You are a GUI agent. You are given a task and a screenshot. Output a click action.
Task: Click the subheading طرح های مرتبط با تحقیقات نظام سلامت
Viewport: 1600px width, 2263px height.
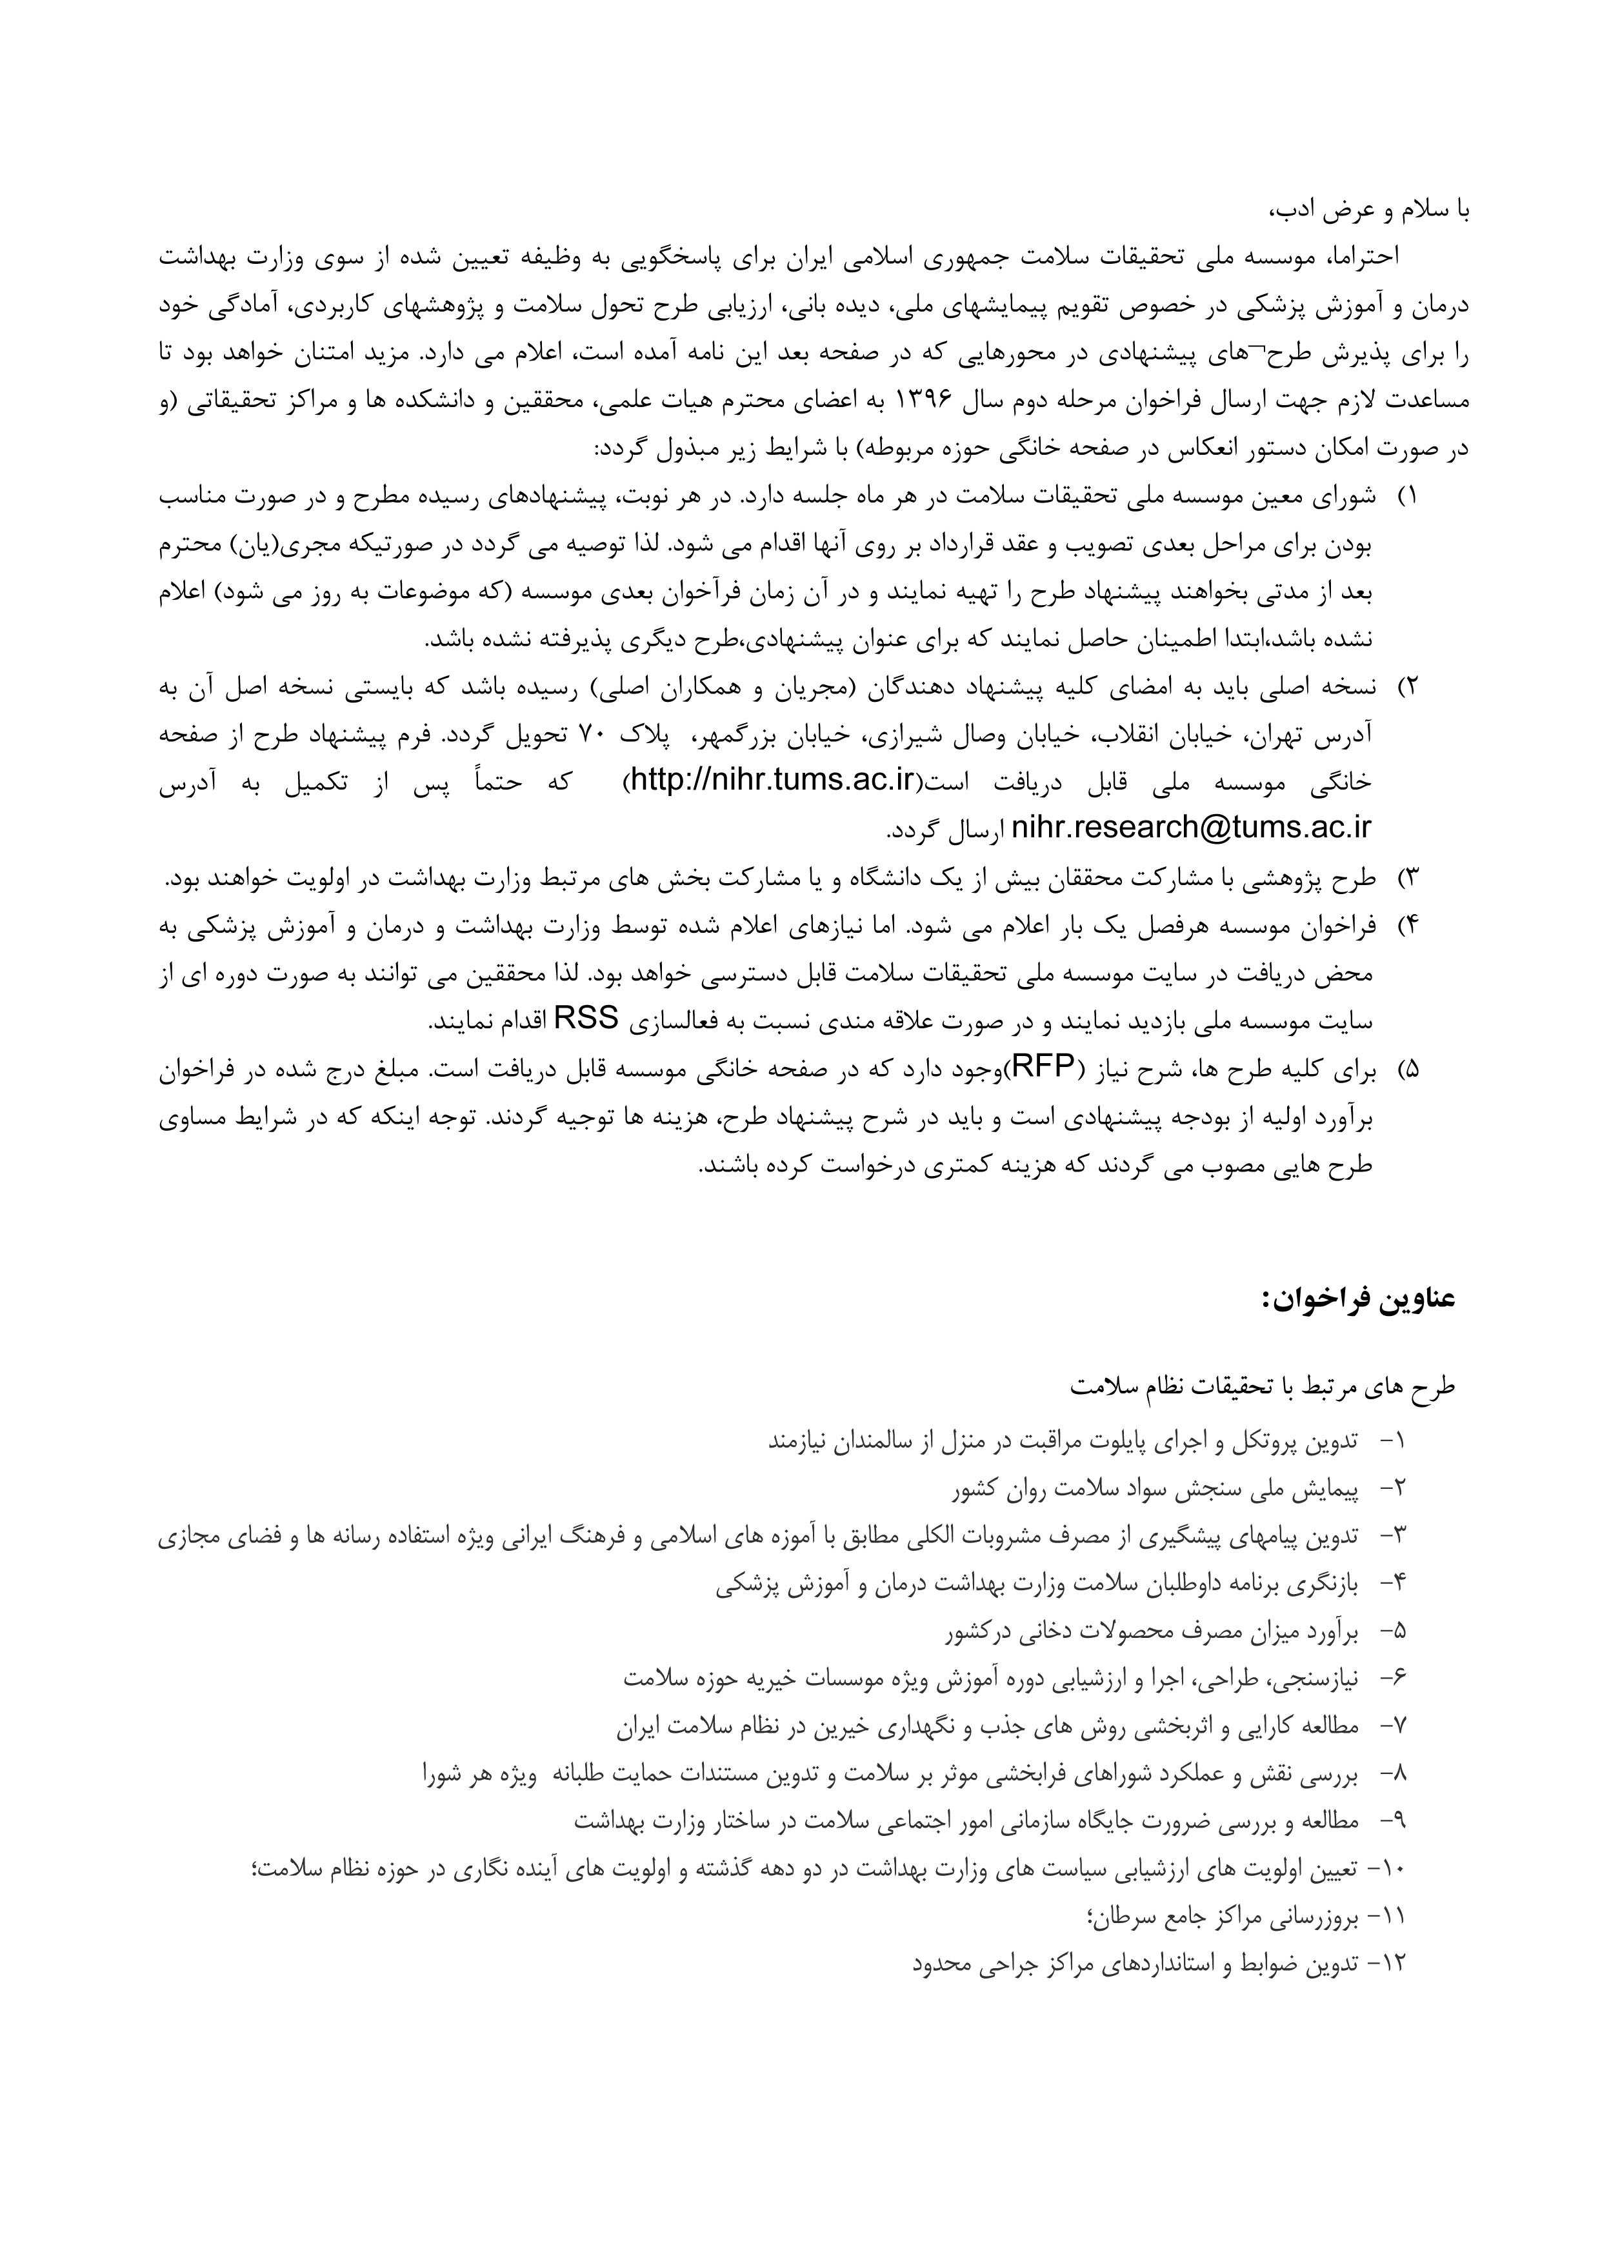(x=1263, y=1386)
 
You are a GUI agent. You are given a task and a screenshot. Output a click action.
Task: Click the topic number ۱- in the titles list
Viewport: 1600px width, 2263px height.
(x=1392, y=1442)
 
